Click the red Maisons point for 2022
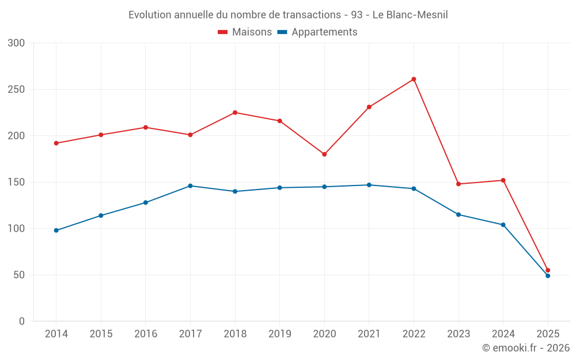[414, 79]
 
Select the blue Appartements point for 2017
[190, 186]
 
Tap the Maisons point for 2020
[324, 154]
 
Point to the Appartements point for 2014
[56, 230]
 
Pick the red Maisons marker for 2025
[548, 270]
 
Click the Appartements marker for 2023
[458, 214]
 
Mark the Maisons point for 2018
[235, 112]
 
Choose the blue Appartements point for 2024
[503, 225]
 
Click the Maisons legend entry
[245, 32]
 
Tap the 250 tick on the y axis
[17, 90]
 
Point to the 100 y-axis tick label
[17, 229]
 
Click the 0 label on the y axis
[22, 321]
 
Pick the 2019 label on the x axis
[279, 334]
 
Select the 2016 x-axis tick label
[146, 334]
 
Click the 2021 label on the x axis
[369, 334]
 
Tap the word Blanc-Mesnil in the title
[418, 15]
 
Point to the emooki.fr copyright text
[526, 348]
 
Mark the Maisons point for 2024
[503, 180]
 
